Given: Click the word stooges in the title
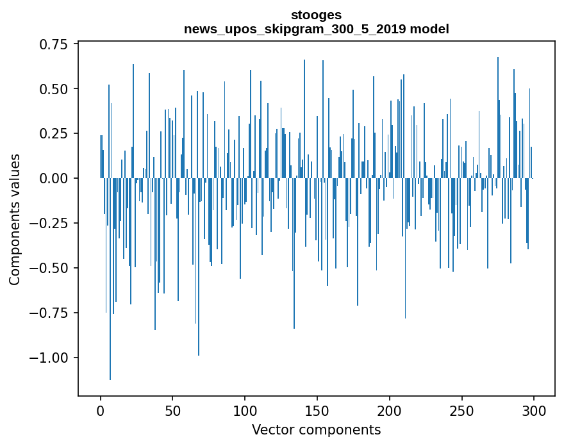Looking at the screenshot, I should [x=316, y=15].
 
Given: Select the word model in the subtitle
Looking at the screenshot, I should [x=433, y=29].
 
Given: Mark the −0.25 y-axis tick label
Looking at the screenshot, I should [x=49, y=223].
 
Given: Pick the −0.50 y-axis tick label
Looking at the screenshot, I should [x=49, y=268].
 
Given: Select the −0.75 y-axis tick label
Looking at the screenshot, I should [x=49, y=313].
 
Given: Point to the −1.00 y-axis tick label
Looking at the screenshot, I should [x=49, y=358].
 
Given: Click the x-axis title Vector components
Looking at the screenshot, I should [x=316, y=430].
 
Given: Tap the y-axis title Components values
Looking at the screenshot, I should [x=15, y=219].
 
